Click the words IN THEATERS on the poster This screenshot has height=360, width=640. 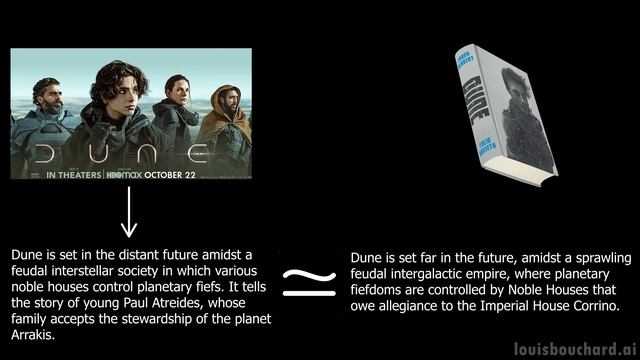[74, 174]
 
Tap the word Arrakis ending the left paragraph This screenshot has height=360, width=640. [34, 335]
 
